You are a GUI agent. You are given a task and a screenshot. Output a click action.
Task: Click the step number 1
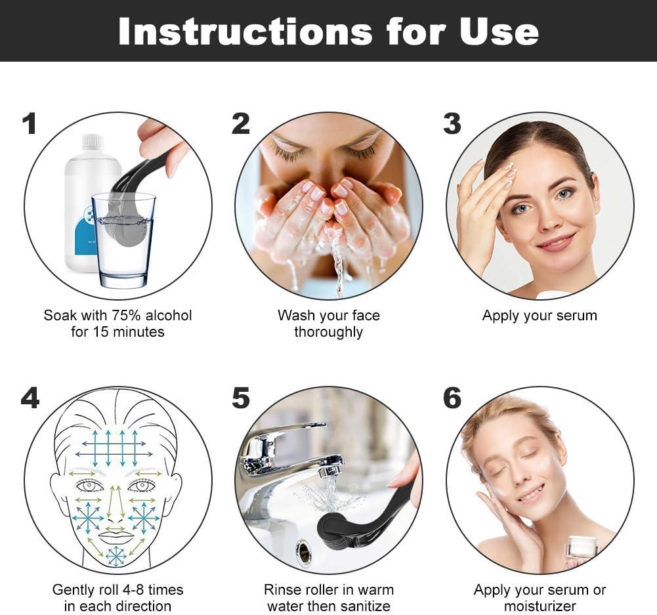(x=29, y=123)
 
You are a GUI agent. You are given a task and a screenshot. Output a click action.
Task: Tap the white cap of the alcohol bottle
(x=93, y=141)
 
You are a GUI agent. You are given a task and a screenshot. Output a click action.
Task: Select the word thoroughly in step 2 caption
(x=328, y=332)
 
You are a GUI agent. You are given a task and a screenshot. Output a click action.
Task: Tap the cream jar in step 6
(x=582, y=547)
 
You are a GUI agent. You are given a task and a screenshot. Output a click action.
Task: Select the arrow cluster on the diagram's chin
(x=116, y=556)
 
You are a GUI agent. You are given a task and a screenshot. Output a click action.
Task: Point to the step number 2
(x=241, y=123)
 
